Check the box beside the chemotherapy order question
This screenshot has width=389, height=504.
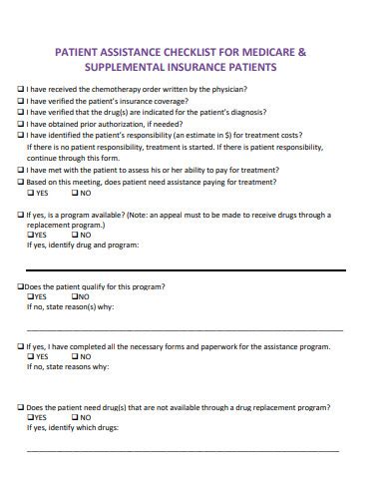click(21, 90)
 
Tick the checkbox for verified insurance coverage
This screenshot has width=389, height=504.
click(21, 101)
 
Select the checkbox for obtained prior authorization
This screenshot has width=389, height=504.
click(21, 124)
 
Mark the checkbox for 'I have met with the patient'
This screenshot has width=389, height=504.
click(21, 169)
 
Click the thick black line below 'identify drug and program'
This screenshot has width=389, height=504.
click(185, 270)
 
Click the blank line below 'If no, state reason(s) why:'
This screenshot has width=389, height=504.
click(185, 329)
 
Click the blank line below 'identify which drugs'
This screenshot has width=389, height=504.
click(185, 450)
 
